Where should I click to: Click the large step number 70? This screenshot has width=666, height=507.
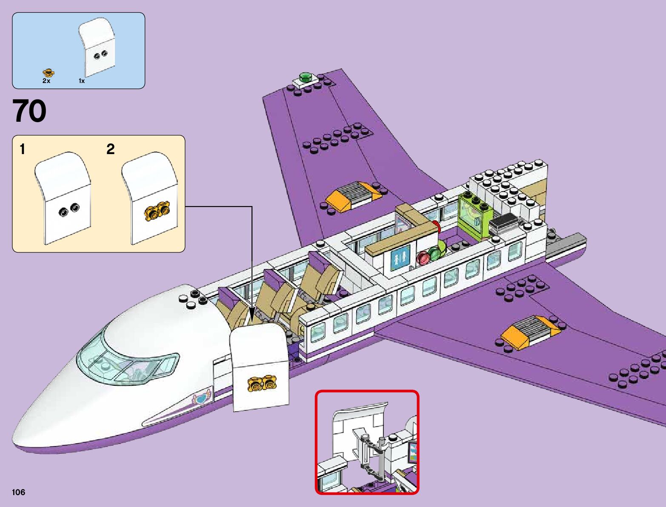click(29, 112)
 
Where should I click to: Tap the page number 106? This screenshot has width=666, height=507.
click(19, 492)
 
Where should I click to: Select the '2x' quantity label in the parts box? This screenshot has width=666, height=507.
click(46, 80)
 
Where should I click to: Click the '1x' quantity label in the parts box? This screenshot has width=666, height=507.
click(82, 80)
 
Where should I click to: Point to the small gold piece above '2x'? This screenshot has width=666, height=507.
click(48, 73)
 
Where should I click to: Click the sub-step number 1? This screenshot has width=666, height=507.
click(23, 149)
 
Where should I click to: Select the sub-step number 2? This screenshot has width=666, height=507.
click(110, 149)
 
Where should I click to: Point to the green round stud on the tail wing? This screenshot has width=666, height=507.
click(305, 77)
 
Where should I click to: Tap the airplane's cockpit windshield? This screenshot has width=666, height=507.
click(128, 362)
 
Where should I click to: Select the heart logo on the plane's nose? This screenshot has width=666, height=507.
click(202, 398)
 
